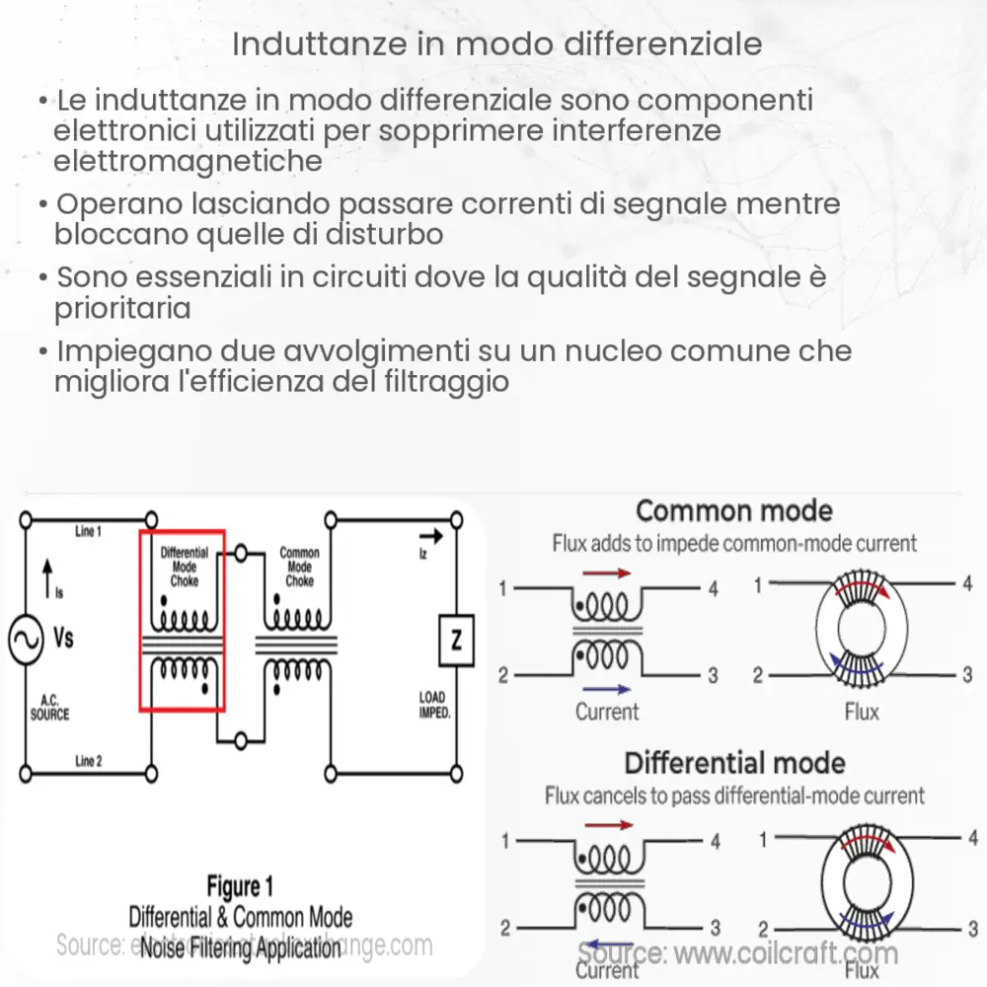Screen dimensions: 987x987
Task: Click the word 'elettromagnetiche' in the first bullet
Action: (x=188, y=161)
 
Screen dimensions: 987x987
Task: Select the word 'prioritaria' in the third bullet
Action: (x=122, y=308)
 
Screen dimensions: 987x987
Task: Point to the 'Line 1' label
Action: (x=88, y=532)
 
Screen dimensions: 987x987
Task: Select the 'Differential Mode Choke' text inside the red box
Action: (x=185, y=567)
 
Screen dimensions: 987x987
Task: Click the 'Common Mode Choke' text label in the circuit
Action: (x=299, y=567)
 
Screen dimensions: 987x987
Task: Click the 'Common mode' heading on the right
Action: (x=733, y=511)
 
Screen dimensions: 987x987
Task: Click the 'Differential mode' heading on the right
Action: (x=734, y=763)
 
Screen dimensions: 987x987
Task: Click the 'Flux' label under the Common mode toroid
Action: (x=861, y=711)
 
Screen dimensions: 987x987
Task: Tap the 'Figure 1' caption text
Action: (x=247, y=886)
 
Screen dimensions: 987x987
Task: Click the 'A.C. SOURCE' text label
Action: (x=48, y=707)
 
